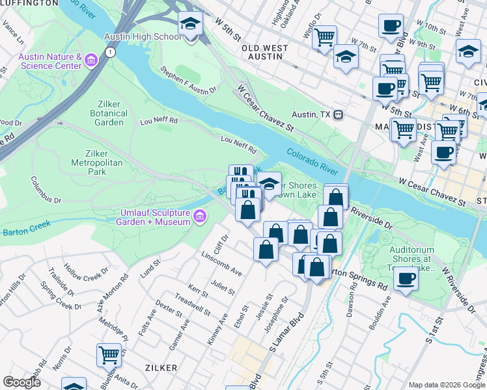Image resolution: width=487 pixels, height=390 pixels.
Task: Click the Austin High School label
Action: (x=149, y=36)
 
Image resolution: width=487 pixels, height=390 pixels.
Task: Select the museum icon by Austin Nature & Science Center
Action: (x=90, y=62)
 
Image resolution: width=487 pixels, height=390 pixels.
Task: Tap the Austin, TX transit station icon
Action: (x=338, y=114)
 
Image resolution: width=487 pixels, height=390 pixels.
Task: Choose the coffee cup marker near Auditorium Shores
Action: (x=406, y=279)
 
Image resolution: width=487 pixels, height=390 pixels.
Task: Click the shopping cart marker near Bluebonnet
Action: (x=109, y=355)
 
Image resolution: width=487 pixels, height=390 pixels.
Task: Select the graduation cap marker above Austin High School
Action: (x=190, y=24)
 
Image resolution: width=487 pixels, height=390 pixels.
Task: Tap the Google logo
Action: (x=21, y=382)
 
